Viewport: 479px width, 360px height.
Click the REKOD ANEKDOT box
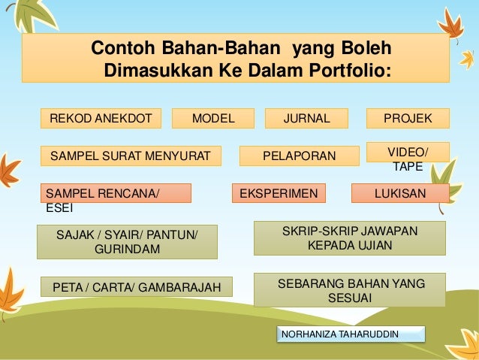tap(101, 118)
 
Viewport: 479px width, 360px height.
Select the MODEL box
tap(213, 118)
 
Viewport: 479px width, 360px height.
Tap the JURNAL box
tap(306, 118)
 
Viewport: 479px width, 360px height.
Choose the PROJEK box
tap(407, 118)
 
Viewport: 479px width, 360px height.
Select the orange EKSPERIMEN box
tap(279, 193)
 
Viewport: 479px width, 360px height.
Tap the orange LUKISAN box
tap(400, 193)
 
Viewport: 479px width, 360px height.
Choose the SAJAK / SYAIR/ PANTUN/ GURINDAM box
tap(127, 242)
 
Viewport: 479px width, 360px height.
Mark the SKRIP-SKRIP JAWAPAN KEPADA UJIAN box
tap(349, 237)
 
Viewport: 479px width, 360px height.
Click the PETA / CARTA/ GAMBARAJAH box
tap(136, 286)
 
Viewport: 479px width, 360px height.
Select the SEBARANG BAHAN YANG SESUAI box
tap(349, 290)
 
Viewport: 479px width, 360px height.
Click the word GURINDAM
tap(127, 250)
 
